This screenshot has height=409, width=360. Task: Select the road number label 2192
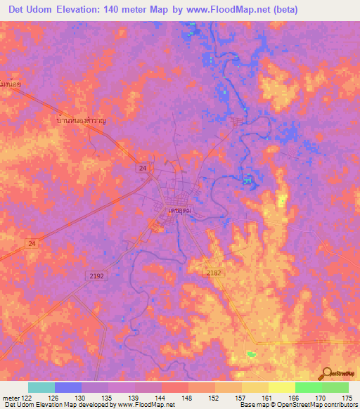[x=96, y=276]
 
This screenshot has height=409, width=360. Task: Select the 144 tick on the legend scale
[x=162, y=398]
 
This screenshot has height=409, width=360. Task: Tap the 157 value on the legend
[x=242, y=398]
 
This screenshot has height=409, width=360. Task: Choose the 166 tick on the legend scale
[x=295, y=398]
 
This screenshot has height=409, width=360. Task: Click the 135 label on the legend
[x=108, y=398]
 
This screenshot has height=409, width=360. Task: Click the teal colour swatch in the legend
[x=41, y=387]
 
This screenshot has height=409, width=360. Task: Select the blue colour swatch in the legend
[x=68, y=387]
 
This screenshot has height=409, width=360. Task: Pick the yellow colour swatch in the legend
[x=282, y=387]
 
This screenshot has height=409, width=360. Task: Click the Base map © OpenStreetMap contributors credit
[x=298, y=405]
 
